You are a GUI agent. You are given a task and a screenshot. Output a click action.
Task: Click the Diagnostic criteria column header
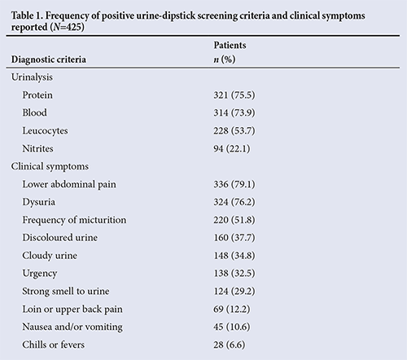(49, 59)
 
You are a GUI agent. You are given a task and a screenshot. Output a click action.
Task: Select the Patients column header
(230, 45)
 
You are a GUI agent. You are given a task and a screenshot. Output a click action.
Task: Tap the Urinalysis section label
(32, 77)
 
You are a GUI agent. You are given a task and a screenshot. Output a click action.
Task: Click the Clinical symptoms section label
(50, 166)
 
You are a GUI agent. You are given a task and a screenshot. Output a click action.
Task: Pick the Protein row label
(37, 95)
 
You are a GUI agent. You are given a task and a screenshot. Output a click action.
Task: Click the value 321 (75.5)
(234, 95)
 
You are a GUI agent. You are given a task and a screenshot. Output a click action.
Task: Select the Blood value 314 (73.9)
(234, 112)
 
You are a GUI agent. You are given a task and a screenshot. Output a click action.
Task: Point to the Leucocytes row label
(45, 131)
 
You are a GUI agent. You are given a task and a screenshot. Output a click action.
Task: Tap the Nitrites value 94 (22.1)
(232, 148)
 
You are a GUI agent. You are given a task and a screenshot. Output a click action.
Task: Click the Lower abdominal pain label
(69, 184)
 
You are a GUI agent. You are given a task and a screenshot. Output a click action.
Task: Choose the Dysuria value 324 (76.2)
(234, 202)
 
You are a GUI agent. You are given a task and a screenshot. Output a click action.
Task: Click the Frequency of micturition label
(74, 220)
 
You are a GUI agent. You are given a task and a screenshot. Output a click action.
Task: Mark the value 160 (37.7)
(234, 238)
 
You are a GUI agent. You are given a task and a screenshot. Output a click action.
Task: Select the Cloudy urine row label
(50, 256)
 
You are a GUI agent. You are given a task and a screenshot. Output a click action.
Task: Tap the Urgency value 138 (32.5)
(234, 274)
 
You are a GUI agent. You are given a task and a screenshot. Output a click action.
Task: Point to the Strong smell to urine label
(66, 292)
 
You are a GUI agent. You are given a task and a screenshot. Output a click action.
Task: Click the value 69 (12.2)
(232, 310)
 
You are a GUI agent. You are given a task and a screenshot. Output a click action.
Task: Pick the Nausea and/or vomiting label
(72, 327)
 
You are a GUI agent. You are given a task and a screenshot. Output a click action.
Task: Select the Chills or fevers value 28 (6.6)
(230, 345)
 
